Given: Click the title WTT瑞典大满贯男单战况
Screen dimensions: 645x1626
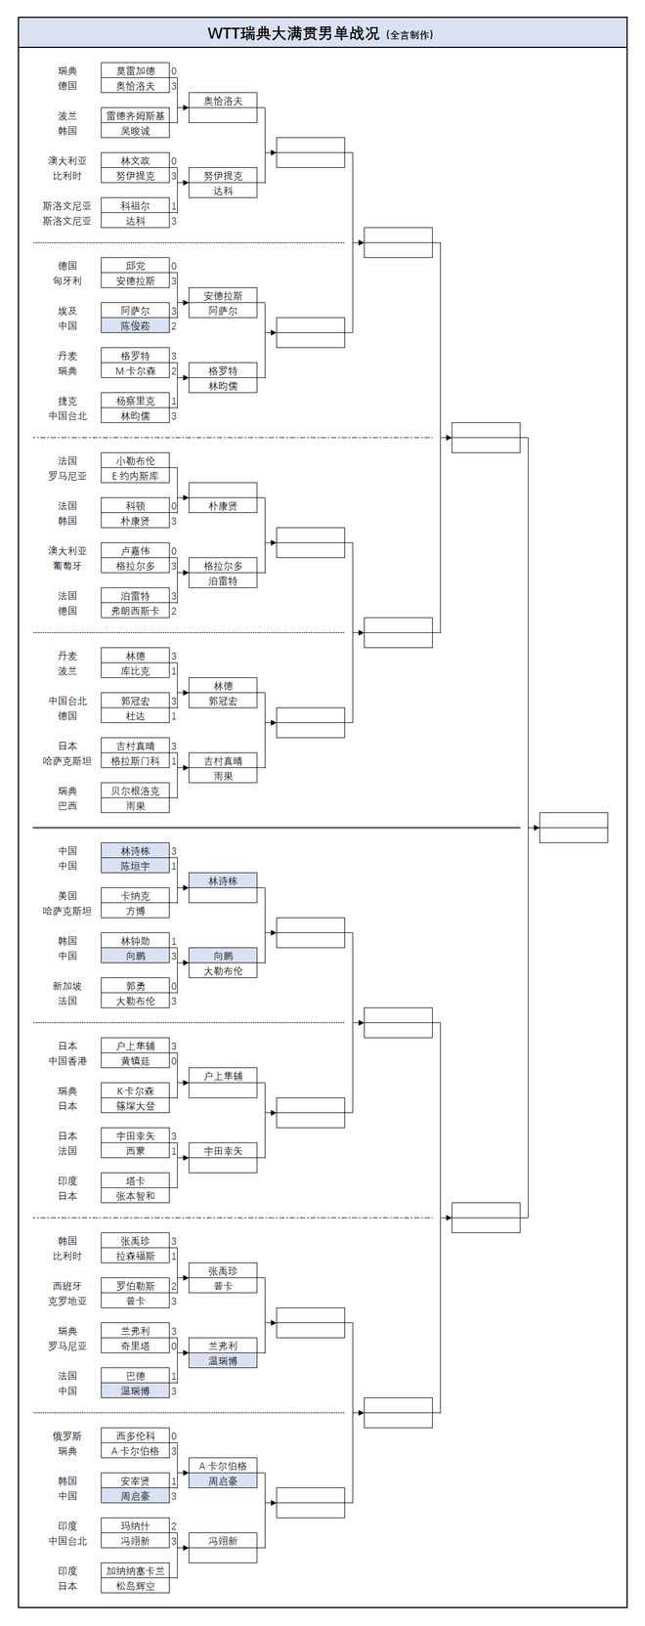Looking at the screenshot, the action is [293, 33].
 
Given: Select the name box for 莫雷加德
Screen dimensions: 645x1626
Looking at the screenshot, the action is [135, 71].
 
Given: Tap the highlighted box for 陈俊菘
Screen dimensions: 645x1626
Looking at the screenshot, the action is [135, 326].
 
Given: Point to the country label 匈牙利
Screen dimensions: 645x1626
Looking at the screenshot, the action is [67, 280].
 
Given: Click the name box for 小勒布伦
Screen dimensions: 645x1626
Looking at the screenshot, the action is [135, 461].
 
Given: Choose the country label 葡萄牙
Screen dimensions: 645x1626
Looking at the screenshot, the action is [67, 566].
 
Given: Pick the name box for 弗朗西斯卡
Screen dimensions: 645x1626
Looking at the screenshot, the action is [135, 611].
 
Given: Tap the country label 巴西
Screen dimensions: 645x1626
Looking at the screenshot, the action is [67, 806].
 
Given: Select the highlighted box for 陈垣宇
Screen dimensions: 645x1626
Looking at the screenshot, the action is [135, 866].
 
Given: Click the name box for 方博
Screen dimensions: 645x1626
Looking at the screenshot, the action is [135, 911].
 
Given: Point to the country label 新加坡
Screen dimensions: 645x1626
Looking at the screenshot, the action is [67, 986].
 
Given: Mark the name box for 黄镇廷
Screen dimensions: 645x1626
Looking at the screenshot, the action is [135, 1061].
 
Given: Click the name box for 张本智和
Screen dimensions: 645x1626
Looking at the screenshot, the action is [135, 1196].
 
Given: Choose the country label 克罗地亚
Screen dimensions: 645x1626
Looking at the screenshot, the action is [67, 1301].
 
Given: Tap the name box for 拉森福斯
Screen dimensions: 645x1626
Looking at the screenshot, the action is [135, 1256].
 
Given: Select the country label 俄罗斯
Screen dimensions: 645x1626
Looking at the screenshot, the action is [67, 1435].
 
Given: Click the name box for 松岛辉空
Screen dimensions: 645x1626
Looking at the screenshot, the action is [135, 1586].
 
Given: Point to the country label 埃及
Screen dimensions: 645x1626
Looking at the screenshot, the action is [67, 311].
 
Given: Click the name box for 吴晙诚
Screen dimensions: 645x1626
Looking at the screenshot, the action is [135, 131].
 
